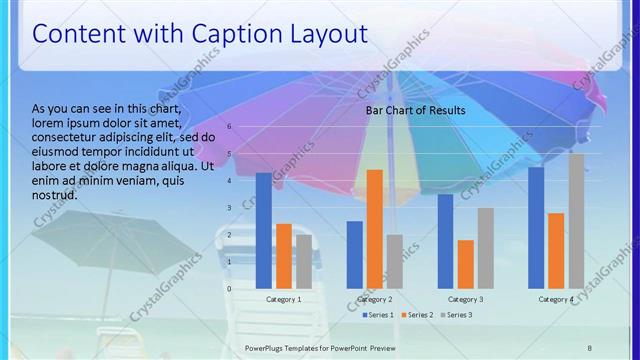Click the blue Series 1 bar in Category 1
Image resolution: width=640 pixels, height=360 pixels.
click(263, 231)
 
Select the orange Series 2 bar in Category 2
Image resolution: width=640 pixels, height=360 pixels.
click(374, 229)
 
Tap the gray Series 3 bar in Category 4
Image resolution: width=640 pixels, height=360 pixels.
click(576, 221)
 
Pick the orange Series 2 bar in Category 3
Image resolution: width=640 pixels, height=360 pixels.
click(465, 264)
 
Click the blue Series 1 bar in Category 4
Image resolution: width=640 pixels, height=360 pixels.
click(536, 228)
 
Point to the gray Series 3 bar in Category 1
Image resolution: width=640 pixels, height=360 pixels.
click(303, 262)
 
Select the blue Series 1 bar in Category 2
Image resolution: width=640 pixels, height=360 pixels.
click(354, 255)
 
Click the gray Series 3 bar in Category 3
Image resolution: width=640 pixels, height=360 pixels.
click(485, 248)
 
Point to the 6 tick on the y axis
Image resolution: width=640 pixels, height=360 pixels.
click(229, 127)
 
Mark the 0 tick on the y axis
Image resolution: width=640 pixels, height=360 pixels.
click(229, 289)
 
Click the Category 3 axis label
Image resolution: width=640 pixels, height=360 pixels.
click(465, 299)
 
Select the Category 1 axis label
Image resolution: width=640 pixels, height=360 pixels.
click(283, 299)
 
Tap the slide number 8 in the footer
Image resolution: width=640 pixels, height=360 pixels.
click(589, 346)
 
